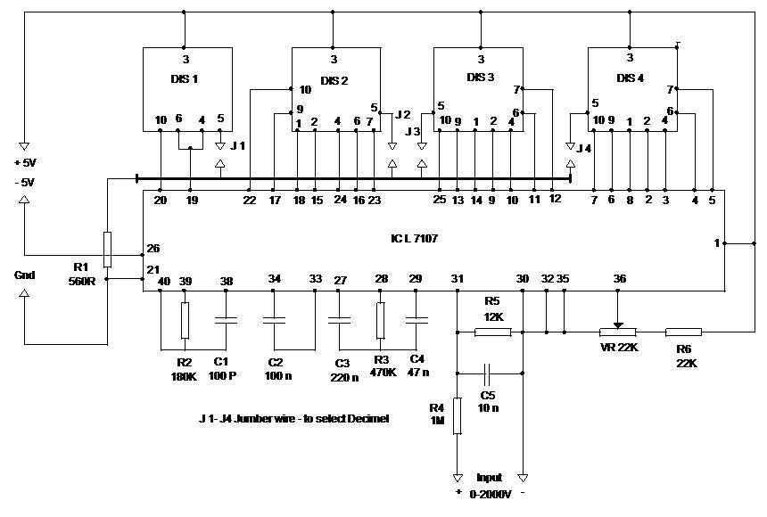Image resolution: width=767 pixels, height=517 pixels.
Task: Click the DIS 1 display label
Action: [185, 78]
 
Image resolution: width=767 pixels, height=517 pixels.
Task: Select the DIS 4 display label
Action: [630, 78]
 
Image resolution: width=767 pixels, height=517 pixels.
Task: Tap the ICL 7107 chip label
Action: [414, 238]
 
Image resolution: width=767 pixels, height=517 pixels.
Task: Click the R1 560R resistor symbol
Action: [107, 250]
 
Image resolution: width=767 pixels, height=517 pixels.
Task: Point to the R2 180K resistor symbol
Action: [185, 320]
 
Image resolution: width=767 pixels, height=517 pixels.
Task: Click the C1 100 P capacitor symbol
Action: [226, 320]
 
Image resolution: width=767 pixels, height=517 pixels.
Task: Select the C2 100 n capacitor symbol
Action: [274, 320]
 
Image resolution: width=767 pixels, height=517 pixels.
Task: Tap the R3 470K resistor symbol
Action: [381, 320]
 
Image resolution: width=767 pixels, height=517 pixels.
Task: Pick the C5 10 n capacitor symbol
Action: [487, 373]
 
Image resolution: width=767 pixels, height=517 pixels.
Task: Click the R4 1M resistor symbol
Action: [458, 415]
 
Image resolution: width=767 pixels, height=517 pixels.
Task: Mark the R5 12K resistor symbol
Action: [493, 332]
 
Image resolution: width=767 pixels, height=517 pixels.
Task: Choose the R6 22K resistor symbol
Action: [684, 332]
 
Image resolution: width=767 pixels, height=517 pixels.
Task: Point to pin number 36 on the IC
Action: [619, 279]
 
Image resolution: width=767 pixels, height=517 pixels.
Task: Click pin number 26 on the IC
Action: [153, 249]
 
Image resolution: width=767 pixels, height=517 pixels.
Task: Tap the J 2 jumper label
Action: [402, 114]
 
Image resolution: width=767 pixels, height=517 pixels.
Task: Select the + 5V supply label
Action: [25, 162]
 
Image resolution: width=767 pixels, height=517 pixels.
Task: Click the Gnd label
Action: [24, 275]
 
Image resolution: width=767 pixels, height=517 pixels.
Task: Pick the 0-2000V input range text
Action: [491, 495]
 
